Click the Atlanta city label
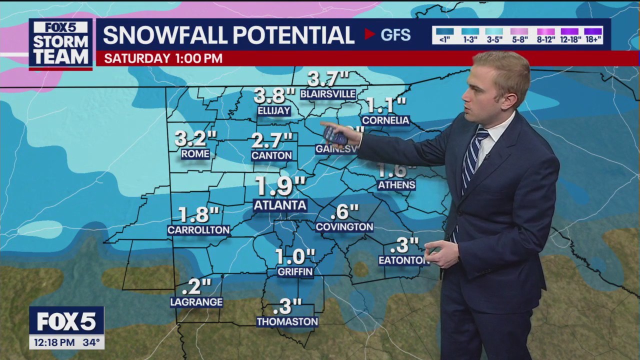[x=280, y=205]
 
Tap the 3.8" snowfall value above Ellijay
[x=274, y=95]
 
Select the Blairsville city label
[x=328, y=94]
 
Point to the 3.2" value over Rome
[x=195, y=138]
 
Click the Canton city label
[x=271, y=155]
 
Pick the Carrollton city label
[x=198, y=230]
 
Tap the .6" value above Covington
[x=345, y=212]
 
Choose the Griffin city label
[x=295, y=272]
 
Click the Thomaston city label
[x=287, y=322]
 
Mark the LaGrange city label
[x=196, y=302]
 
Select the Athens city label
[x=396, y=185]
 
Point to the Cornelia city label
[x=385, y=120]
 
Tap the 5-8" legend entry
[x=519, y=34]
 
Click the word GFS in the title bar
[x=395, y=35]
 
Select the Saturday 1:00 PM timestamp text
[x=163, y=58]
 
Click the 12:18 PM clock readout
[x=52, y=342]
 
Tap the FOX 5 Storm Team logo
[x=60, y=43]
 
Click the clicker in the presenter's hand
[x=333, y=135]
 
